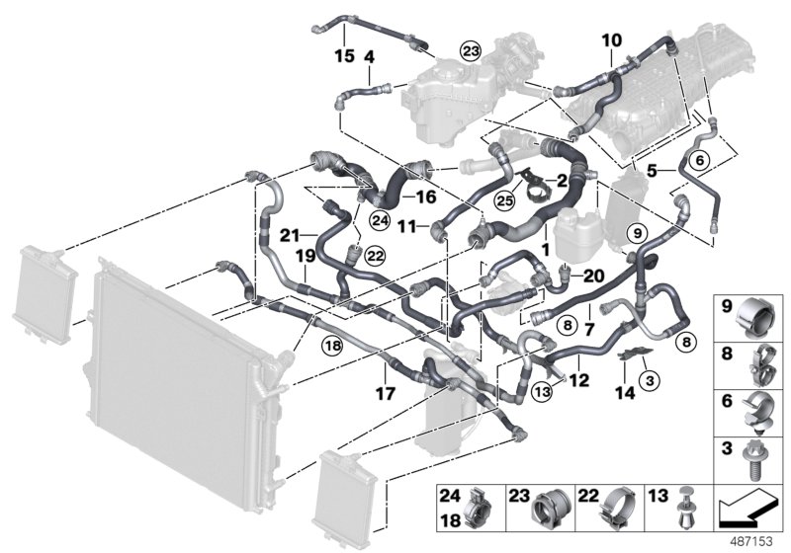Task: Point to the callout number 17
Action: (386, 394)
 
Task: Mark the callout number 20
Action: (593, 276)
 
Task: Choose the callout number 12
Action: (579, 379)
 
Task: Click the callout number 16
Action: (426, 197)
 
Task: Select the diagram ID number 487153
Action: (756, 542)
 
